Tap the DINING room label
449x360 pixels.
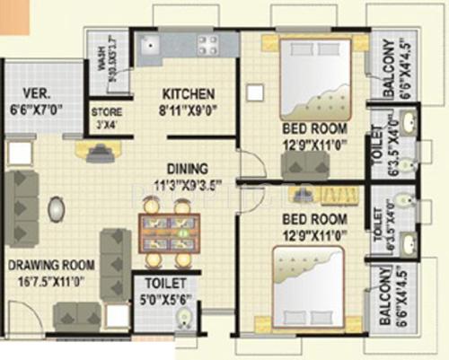tap(186, 167)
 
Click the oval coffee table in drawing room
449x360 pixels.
tap(57, 209)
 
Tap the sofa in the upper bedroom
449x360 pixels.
tap(304, 164)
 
